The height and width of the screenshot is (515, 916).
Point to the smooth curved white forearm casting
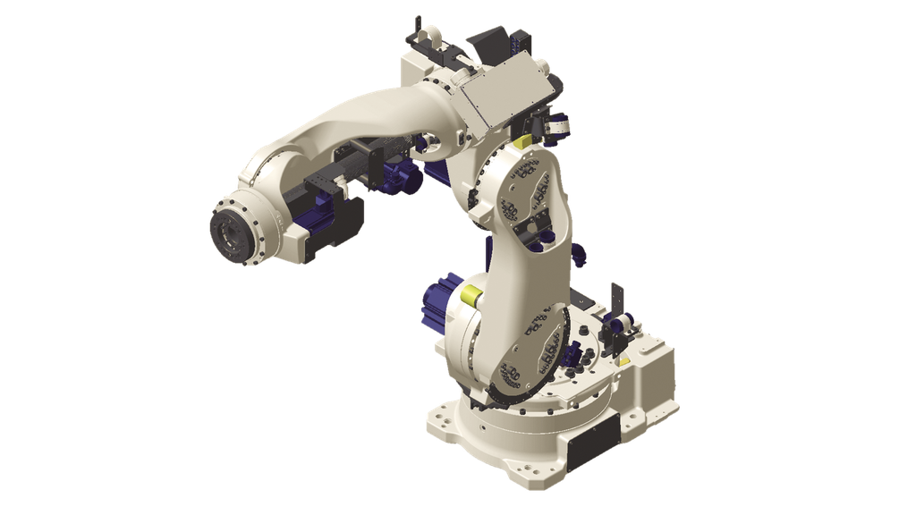340,125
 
